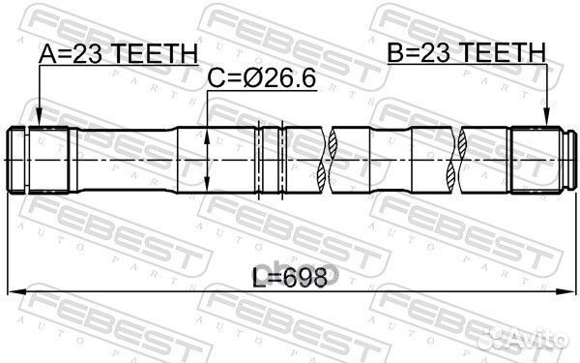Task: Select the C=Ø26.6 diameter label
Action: click(x=262, y=78)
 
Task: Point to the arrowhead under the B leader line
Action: click(x=546, y=123)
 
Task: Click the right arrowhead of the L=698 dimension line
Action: click(x=571, y=288)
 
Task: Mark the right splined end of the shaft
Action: click(x=541, y=159)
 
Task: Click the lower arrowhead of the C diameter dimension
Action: click(x=210, y=187)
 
